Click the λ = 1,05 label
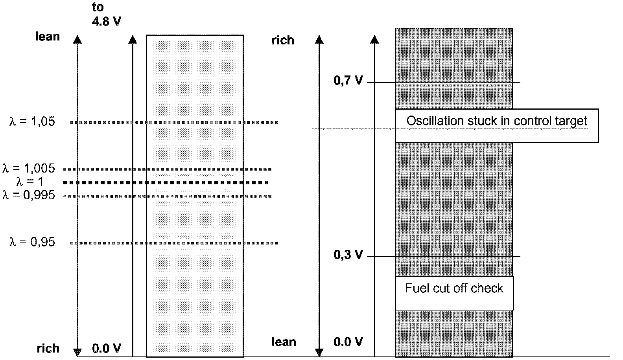[x=32, y=121]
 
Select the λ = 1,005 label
[x=29, y=169]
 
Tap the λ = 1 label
[x=30, y=182]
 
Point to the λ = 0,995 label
[x=29, y=195]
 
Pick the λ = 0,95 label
[x=32, y=242]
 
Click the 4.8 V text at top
[x=107, y=21]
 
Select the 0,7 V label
[x=348, y=81]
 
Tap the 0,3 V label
[x=348, y=255]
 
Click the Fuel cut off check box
[x=454, y=293]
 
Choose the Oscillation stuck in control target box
[x=497, y=125]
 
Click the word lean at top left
[x=48, y=37]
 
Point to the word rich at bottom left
[x=48, y=349]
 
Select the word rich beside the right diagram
[x=283, y=40]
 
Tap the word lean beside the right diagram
[x=284, y=342]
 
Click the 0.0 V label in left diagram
[x=107, y=349]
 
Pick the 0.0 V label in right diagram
[x=348, y=342]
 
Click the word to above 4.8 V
[x=98, y=7]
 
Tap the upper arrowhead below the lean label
[x=78, y=39]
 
